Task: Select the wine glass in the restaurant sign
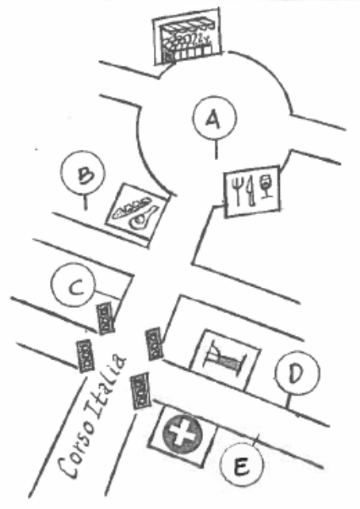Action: click(266, 186)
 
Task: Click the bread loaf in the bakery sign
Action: click(131, 207)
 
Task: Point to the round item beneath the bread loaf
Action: click(143, 217)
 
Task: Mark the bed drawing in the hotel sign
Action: click(224, 357)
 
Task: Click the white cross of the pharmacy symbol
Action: click(182, 434)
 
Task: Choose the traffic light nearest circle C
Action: click(105, 318)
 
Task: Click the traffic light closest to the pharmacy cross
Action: click(140, 391)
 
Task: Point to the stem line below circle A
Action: click(216, 149)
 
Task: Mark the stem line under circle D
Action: click(288, 401)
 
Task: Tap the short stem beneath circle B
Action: click(86, 202)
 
